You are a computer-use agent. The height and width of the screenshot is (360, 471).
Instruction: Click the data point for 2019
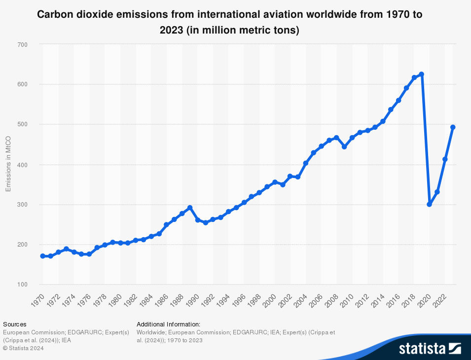(422, 74)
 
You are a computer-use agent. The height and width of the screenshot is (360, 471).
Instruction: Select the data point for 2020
(429, 204)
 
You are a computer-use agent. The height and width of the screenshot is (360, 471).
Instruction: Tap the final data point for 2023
(453, 127)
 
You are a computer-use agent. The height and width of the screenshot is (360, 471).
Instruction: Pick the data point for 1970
(43, 256)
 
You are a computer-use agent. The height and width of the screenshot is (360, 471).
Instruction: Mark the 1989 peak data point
(190, 208)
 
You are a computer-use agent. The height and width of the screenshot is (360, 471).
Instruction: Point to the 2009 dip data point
(344, 147)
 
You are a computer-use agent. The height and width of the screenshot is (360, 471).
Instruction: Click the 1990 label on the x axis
(194, 299)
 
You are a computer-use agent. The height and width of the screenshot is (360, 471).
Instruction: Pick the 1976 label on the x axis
(86, 299)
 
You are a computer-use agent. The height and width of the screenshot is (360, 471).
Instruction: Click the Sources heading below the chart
(14, 324)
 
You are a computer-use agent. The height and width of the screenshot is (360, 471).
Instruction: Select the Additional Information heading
(168, 324)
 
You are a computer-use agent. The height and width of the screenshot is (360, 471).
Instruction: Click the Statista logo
(430, 349)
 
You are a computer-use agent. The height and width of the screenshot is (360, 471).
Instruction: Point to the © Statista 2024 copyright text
(23, 348)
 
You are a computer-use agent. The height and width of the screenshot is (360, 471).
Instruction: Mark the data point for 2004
(306, 163)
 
